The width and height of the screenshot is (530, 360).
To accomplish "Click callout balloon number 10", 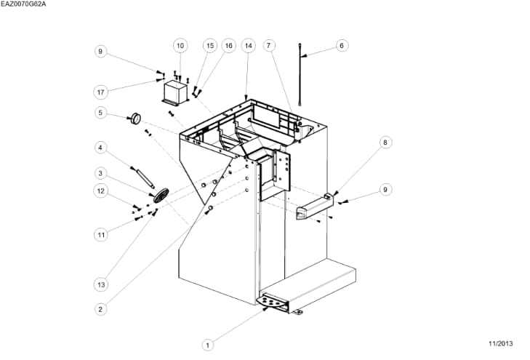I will pyautogui.click(x=180, y=45).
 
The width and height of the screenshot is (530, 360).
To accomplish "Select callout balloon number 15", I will pyautogui.click(x=209, y=45).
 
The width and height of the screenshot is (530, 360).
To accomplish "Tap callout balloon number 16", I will pyautogui.click(x=229, y=45).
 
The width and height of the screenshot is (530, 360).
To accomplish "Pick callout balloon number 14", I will pyautogui.click(x=249, y=45).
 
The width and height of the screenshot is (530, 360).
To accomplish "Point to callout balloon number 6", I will pyautogui.click(x=342, y=45).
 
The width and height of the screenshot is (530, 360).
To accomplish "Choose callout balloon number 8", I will pyautogui.click(x=385, y=143).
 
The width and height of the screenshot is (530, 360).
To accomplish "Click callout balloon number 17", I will pyautogui.click(x=101, y=92).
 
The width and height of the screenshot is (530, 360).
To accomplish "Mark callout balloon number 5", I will pyautogui.click(x=101, y=113).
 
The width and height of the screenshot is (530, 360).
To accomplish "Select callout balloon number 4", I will pyautogui.click(x=101, y=148).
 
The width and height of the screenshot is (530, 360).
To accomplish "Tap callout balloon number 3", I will pyautogui.click(x=101, y=173).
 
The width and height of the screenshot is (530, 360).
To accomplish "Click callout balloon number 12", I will pyautogui.click(x=101, y=191).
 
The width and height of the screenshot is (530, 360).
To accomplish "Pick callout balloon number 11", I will pyautogui.click(x=101, y=234).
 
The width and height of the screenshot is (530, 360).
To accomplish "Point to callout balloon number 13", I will pyautogui.click(x=101, y=283).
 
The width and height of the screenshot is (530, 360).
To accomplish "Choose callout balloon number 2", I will pyautogui.click(x=101, y=308).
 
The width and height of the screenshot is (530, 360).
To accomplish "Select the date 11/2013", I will pyautogui.click(x=500, y=343).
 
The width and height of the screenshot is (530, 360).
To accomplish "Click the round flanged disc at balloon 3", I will pyautogui.click(x=160, y=194).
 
